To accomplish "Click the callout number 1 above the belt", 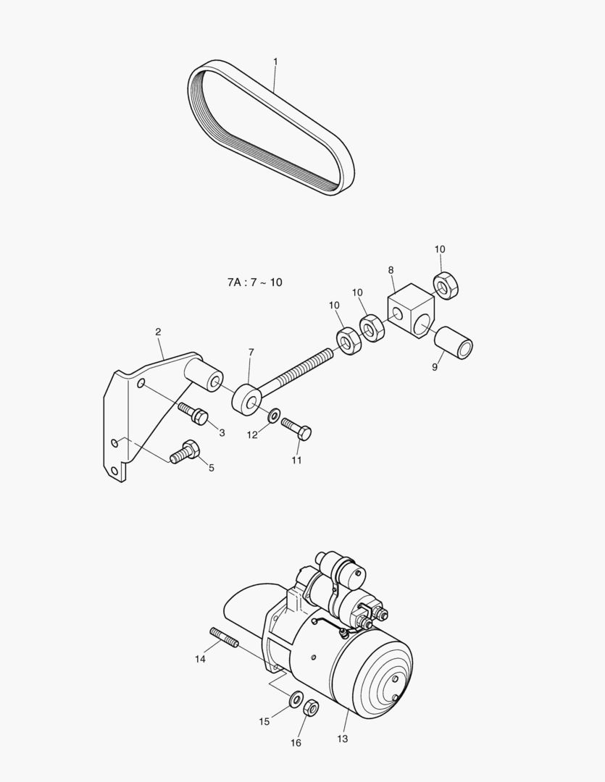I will [275, 62].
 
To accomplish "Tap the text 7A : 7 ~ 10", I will [254, 282].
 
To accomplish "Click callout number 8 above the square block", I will [391, 270].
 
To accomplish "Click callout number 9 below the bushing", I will [435, 367].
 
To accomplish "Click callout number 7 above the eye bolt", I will [251, 352].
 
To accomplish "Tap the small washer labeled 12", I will [275, 416].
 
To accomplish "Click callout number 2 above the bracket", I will [158, 332].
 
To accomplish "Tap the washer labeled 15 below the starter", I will [296, 700].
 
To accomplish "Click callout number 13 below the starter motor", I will [342, 739].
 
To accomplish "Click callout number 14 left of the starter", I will [201, 659].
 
